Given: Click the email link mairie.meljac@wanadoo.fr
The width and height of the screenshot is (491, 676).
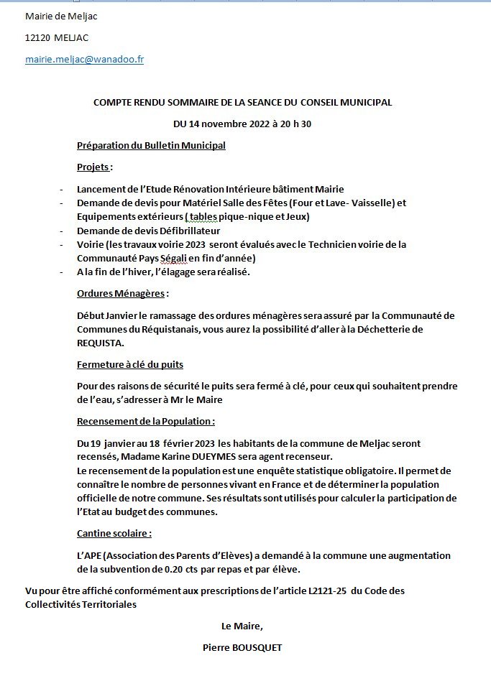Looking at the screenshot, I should [84, 60].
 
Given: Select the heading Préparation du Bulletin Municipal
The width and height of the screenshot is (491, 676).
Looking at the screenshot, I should [151, 146].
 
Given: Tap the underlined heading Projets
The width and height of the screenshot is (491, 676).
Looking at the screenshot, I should [93, 167].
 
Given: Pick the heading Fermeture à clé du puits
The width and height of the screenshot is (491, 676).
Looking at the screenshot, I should [135, 365].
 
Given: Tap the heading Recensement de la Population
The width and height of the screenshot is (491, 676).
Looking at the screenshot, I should [145, 421].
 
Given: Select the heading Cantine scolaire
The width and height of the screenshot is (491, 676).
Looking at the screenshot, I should [114, 534].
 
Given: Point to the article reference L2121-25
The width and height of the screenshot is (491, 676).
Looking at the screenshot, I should [331, 591].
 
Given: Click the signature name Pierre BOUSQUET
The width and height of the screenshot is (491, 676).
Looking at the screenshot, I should [242, 647].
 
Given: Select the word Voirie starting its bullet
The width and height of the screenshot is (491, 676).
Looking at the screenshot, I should [91, 244].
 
